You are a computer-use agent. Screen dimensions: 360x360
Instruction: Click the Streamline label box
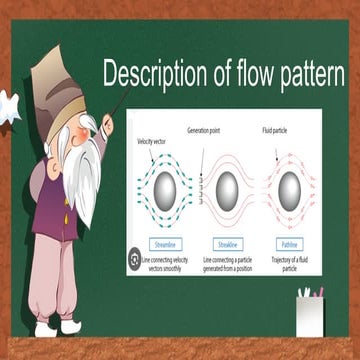coord(166,243)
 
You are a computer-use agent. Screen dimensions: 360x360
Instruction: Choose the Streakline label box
coord(227,243)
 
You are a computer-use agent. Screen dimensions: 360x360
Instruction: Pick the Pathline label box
coord(288,243)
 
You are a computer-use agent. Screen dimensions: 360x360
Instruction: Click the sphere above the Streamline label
coord(165,187)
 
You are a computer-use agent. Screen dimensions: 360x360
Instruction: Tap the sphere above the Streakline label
coord(227,187)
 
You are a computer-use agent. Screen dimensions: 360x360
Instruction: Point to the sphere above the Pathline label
coord(289,187)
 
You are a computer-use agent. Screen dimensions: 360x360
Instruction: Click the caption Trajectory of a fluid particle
coord(289,263)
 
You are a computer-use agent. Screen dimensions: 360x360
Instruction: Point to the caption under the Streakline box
coord(227,263)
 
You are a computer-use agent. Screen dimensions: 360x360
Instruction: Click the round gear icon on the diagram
coord(134,260)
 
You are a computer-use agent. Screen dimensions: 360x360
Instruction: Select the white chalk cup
coord(309,316)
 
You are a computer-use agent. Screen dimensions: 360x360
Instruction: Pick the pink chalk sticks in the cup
coord(317,292)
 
